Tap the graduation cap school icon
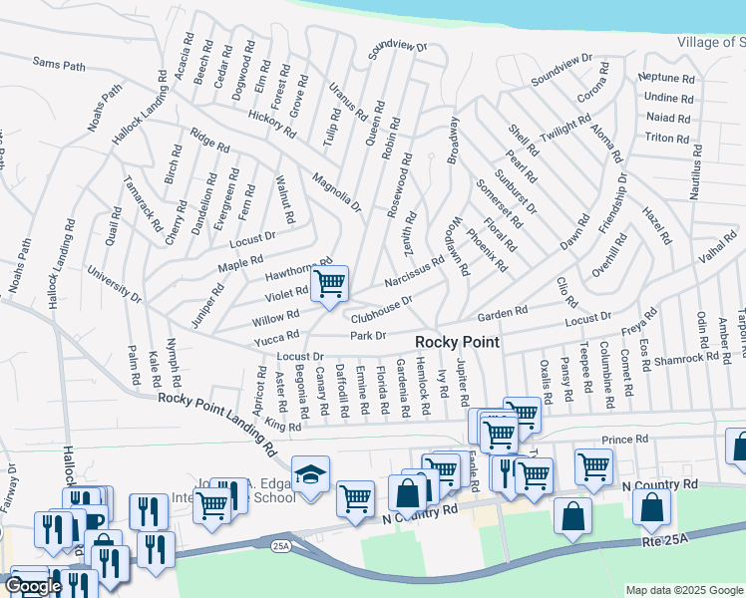tap(310, 473)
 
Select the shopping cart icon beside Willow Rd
tap(328, 283)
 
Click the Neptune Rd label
tap(667, 78)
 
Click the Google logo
tap(33, 586)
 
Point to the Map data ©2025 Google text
tap(684, 590)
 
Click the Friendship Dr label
tap(612, 203)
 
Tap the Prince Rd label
tap(625, 439)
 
